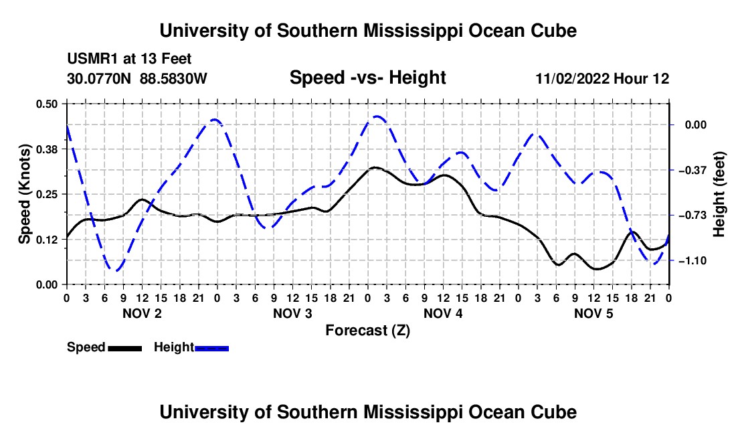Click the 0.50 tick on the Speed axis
(x=46, y=104)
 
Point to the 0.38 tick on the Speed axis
(x=46, y=149)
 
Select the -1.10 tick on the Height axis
(x=693, y=260)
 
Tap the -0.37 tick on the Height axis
(x=693, y=170)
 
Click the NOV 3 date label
(x=292, y=313)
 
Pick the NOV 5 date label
(x=593, y=313)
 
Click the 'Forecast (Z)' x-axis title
(x=367, y=331)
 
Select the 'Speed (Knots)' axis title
(x=24, y=194)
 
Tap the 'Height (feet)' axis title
(x=719, y=194)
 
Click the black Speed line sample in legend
(x=124, y=349)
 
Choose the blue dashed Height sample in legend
(x=211, y=349)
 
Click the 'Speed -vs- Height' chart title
(x=367, y=78)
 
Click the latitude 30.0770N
(x=99, y=78)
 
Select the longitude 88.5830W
(x=173, y=78)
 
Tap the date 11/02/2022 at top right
(x=573, y=78)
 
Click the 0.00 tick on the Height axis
(x=696, y=125)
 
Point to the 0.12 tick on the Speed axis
(x=46, y=240)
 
